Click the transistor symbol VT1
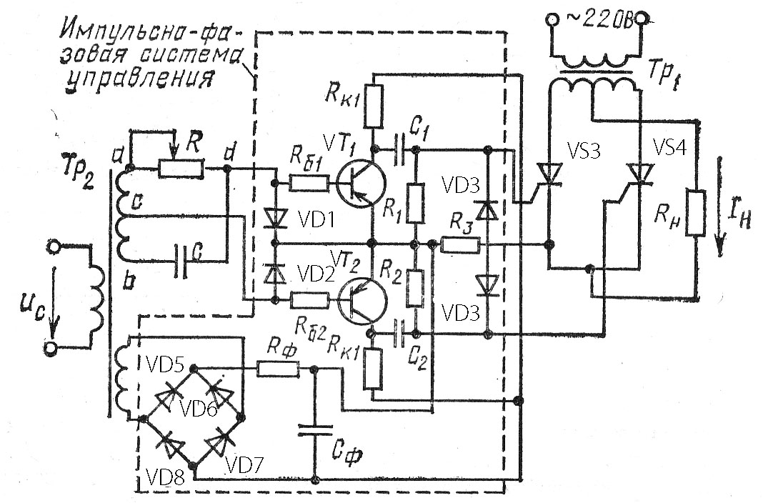360,184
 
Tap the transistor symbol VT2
362,301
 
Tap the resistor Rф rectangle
277,369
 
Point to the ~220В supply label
599,19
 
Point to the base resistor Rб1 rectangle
309,184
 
